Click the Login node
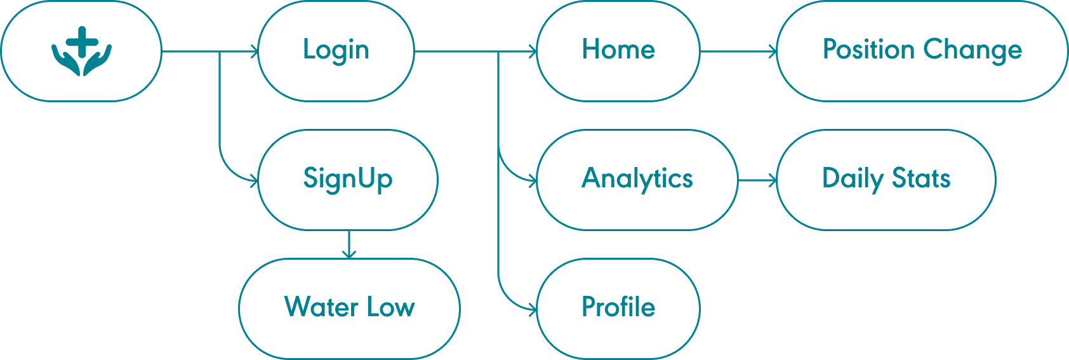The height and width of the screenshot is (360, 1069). tap(336, 51)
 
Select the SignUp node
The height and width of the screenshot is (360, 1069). tap(348, 180)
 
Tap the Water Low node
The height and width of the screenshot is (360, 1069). tap(349, 309)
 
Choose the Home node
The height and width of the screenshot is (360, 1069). tap(618, 51)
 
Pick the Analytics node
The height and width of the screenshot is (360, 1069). tap(637, 180)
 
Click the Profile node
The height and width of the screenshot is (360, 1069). tap(618, 309)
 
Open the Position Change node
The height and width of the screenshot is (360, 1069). tap(922, 51)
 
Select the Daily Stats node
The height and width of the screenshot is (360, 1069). tap(886, 180)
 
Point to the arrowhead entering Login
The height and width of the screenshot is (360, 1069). tap(255, 52)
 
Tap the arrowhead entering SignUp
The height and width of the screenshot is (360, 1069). tap(255, 182)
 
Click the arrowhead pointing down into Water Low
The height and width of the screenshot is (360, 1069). tap(348, 255)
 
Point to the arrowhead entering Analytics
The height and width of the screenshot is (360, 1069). tap(533, 182)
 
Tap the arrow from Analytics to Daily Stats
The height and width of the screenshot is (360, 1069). tap(757, 181)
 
